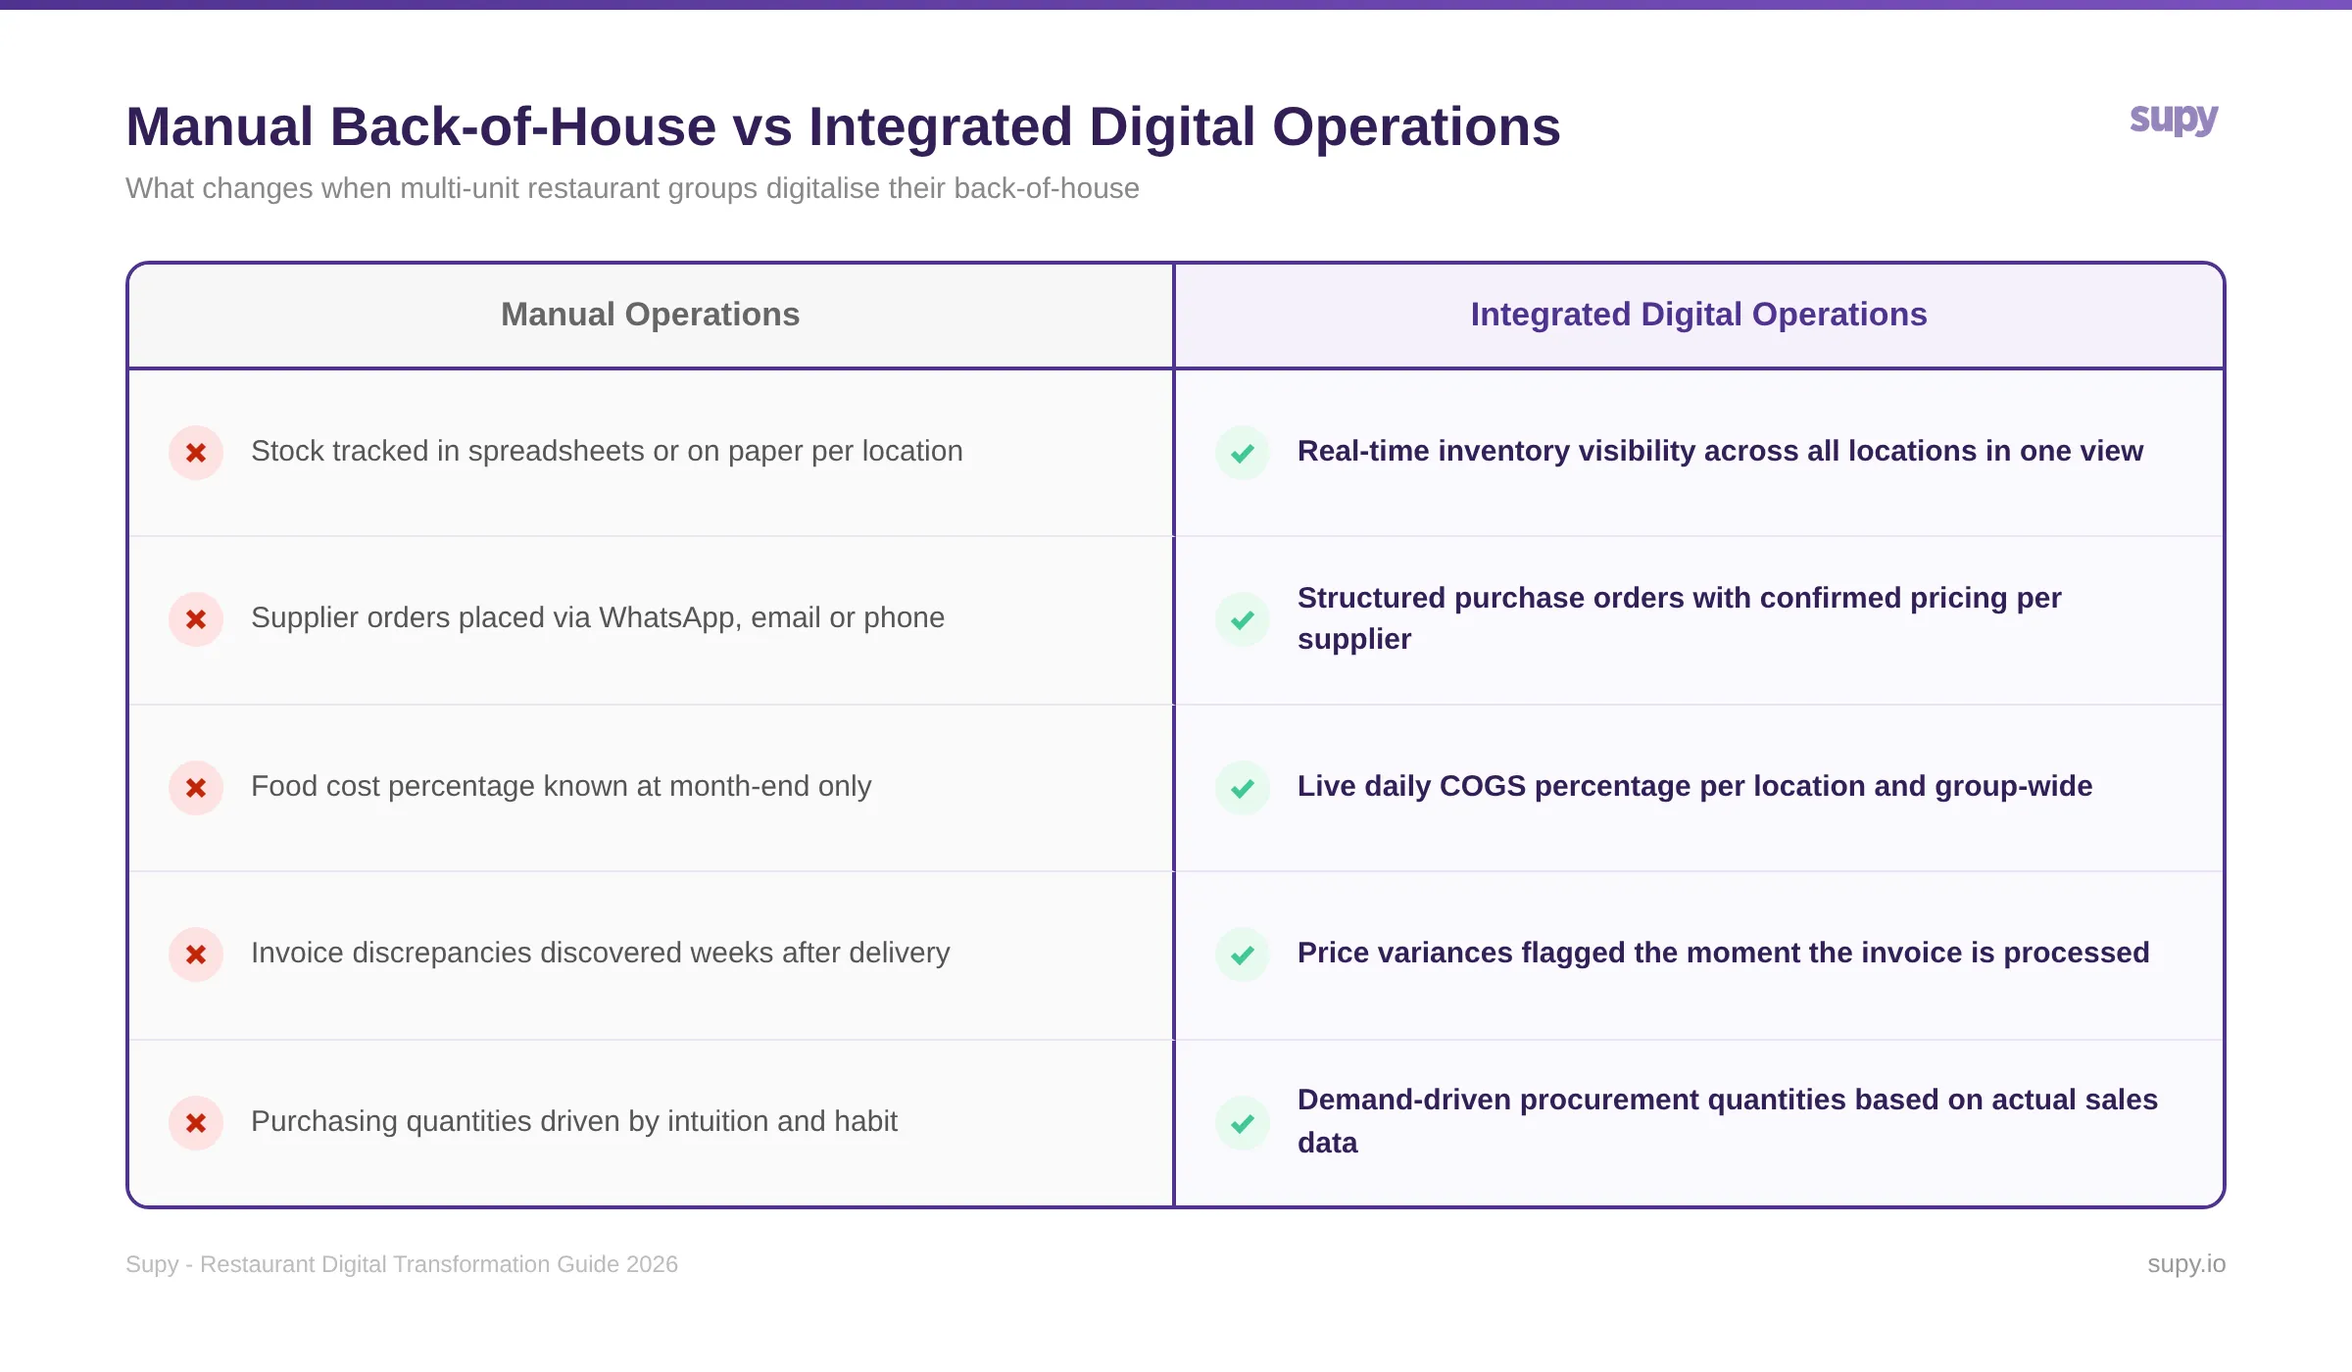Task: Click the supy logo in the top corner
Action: pyautogui.click(x=2173, y=120)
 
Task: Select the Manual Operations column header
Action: pyautogui.click(x=650, y=315)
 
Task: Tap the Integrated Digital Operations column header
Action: pyautogui.click(x=1698, y=315)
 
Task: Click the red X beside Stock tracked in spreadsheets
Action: pyautogui.click(x=196, y=453)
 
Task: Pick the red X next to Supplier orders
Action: pyautogui.click(x=196, y=619)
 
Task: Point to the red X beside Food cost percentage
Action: pyautogui.click(x=196, y=788)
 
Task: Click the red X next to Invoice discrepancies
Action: pyautogui.click(x=196, y=955)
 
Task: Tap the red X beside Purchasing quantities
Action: pyautogui.click(x=196, y=1123)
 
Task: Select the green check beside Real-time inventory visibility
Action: pyautogui.click(x=1243, y=453)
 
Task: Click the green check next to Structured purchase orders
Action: pyautogui.click(x=1243, y=619)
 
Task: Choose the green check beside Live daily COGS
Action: pyautogui.click(x=1243, y=788)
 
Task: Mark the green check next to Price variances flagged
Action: pyautogui.click(x=1243, y=955)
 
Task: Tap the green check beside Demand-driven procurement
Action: pyautogui.click(x=1243, y=1123)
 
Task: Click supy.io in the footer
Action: pyautogui.click(x=2185, y=1264)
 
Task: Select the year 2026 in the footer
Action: pyautogui.click(x=652, y=1264)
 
